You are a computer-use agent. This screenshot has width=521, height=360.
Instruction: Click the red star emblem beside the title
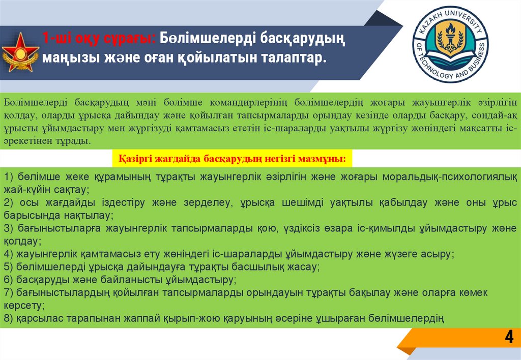pos(21,52)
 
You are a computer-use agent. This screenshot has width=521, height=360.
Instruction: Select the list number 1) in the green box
pos(8,177)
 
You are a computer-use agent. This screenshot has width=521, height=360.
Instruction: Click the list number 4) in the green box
pos(8,254)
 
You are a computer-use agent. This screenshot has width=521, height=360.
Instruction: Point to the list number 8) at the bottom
pos(8,319)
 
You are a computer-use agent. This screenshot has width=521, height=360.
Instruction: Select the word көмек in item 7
pos(472,292)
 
